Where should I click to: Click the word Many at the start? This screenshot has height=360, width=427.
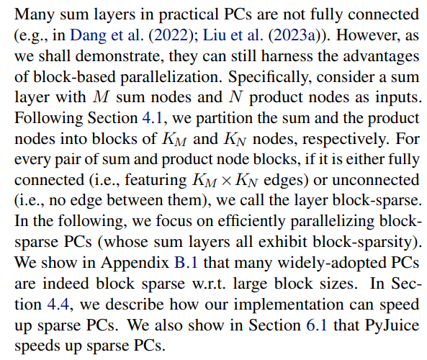click(x=35, y=15)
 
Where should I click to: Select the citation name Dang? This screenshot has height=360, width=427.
click(x=88, y=36)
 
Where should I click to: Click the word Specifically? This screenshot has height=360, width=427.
click(x=270, y=77)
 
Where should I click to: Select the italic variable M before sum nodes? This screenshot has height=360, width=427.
click(x=101, y=97)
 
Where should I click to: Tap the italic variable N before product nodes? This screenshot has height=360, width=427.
click(x=236, y=97)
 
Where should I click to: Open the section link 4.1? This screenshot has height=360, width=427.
click(x=153, y=119)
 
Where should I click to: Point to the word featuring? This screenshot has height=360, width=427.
click(x=156, y=181)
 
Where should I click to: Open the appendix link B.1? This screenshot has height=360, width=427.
click(x=186, y=263)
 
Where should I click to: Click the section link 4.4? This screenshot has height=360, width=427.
click(x=58, y=304)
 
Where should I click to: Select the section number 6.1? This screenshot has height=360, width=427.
click(x=317, y=325)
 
